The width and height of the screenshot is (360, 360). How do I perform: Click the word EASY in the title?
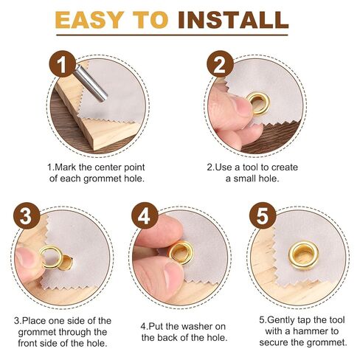pyautogui.click(x=90, y=20)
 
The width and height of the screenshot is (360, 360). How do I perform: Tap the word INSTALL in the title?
pyautogui.click(x=233, y=20)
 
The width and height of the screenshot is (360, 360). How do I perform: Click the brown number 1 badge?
pyautogui.click(x=63, y=63)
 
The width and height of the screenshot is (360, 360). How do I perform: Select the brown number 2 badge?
pyautogui.click(x=220, y=63)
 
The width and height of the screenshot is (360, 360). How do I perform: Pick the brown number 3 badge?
pyautogui.click(x=27, y=215)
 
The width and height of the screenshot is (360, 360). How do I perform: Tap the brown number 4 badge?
pyautogui.click(x=145, y=215)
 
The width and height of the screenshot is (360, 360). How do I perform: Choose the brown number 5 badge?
pyautogui.click(x=263, y=215)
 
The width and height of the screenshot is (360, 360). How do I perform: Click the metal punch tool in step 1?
pyautogui.click(x=91, y=83)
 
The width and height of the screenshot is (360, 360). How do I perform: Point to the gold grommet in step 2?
pyautogui.click(x=258, y=103)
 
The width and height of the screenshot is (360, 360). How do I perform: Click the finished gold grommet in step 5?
pyautogui.click(x=304, y=255)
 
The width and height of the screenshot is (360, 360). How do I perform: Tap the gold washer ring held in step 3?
pyautogui.click(x=51, y=257)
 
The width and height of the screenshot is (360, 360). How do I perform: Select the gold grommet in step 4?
pyautogui.click(x=181, y=252)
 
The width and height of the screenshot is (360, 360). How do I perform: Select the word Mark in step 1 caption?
pyautogui.click(x=65, y=167)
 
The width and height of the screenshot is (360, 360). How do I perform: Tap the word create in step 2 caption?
pyautogui.click(x=285, y=167)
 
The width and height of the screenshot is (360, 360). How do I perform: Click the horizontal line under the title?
pyautogui.click(x=172, y=35)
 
